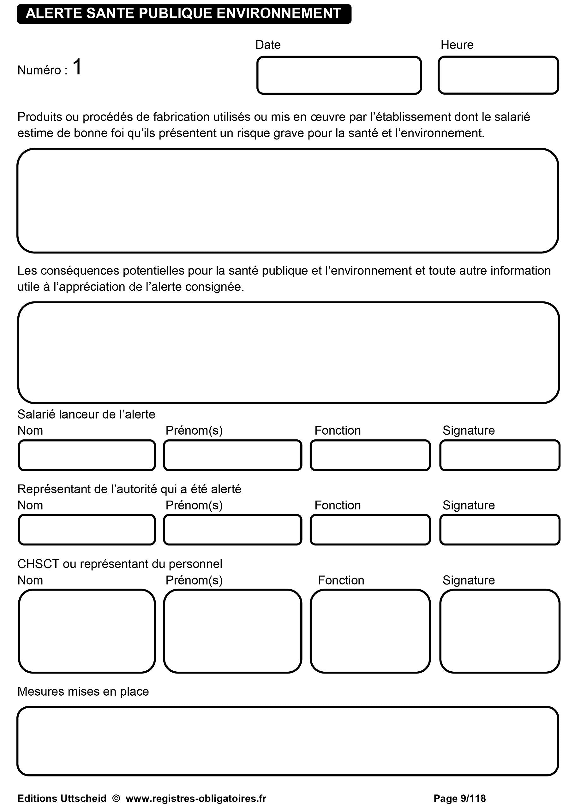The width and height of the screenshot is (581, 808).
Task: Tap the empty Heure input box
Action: coord(498,75)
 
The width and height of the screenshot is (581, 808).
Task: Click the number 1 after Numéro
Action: coord(77,67)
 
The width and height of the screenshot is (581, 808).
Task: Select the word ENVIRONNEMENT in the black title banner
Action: coord(279,14)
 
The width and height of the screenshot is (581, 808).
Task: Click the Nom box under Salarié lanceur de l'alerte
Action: coord(87,455)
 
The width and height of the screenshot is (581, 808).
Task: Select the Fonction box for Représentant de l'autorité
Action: coord(370,530)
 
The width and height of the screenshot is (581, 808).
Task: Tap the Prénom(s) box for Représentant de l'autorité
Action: coord(232,530)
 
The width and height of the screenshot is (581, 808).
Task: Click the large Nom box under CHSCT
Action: coord(87,631)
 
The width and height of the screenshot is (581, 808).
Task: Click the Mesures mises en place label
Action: coord(83,692)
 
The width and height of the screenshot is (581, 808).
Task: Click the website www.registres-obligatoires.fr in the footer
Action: coord(196,799)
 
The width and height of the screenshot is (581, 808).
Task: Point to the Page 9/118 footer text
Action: coord(459,799)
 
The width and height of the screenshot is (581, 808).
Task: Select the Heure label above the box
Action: coord(457,45)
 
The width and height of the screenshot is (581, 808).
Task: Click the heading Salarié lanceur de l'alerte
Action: coord(86,414)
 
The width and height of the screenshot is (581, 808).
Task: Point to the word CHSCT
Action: coord(38,564)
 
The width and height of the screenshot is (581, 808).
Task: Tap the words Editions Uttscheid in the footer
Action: coord(62,799)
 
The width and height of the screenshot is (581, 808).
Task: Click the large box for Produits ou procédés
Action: coord(288,200)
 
